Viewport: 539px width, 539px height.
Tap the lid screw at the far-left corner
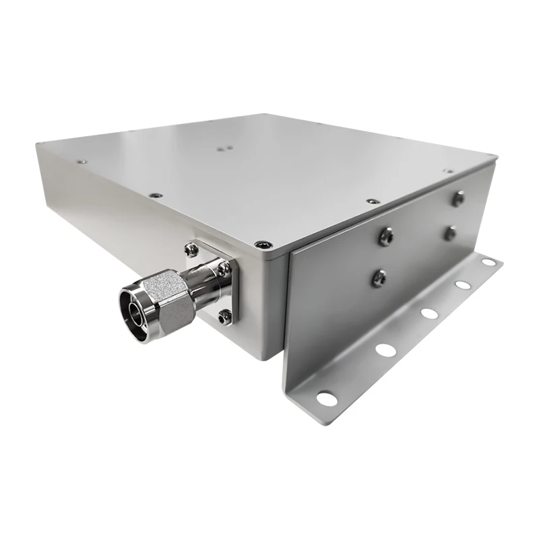[80, 161]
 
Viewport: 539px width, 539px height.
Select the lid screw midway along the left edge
[156, 195]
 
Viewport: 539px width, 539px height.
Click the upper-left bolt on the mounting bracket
[386, 236]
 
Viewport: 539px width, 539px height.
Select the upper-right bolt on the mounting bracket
[459, 198]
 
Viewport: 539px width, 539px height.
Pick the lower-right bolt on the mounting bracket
[449, 233]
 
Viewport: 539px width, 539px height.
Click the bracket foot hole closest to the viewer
[326, 398]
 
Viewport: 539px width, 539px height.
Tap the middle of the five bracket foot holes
[427, 312]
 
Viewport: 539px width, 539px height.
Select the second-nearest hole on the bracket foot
[385, 350]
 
